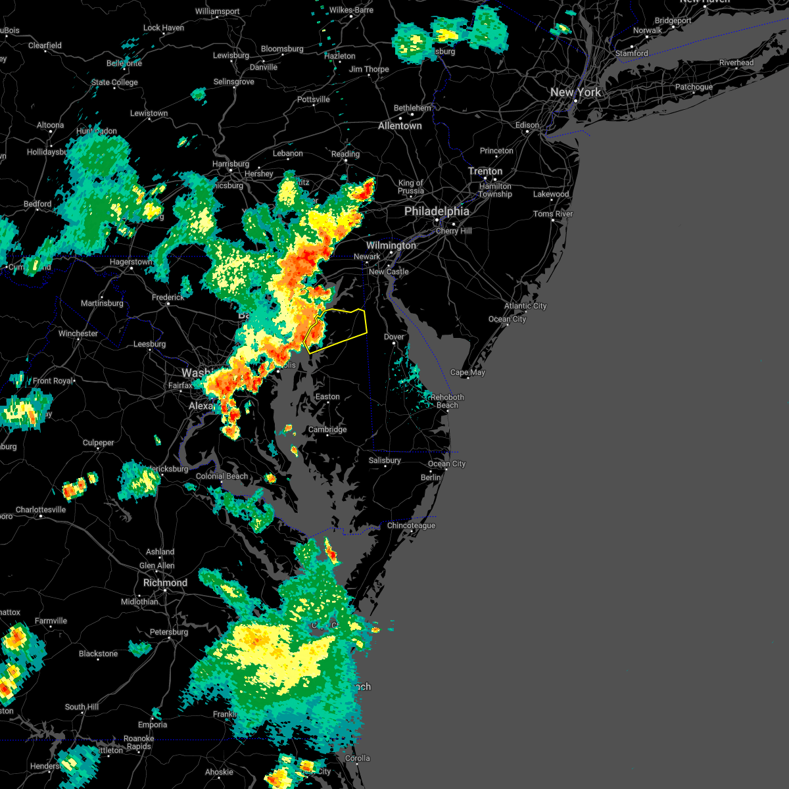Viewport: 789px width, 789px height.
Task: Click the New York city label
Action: [575, 93]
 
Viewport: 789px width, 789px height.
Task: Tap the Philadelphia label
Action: [437, 212]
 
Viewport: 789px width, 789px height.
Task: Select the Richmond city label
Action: [165, 583]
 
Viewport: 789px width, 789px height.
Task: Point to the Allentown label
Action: [400, 126]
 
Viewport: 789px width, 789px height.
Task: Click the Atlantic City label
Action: [525, 306]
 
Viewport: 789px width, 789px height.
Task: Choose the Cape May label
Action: [467, 372]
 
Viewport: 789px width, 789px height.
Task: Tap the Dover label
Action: [394, 337]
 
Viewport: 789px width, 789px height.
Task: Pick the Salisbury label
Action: [385, 460]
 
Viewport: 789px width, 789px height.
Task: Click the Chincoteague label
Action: [411, 525]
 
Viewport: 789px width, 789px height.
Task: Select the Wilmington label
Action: [391, 245]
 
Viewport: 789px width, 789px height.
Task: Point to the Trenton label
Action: [485, 172]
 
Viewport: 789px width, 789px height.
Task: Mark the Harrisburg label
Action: [231, 164]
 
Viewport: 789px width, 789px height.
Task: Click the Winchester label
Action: [78, 333]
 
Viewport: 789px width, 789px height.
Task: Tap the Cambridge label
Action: [327, 430]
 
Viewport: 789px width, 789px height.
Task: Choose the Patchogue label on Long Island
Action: [694, 87]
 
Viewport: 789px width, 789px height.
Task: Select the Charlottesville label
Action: [41, 510]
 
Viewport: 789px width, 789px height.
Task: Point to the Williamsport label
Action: [217, 12]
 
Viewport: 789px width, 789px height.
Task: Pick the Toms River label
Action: [553, 214]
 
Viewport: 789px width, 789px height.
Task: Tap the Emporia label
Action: [153, 725]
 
